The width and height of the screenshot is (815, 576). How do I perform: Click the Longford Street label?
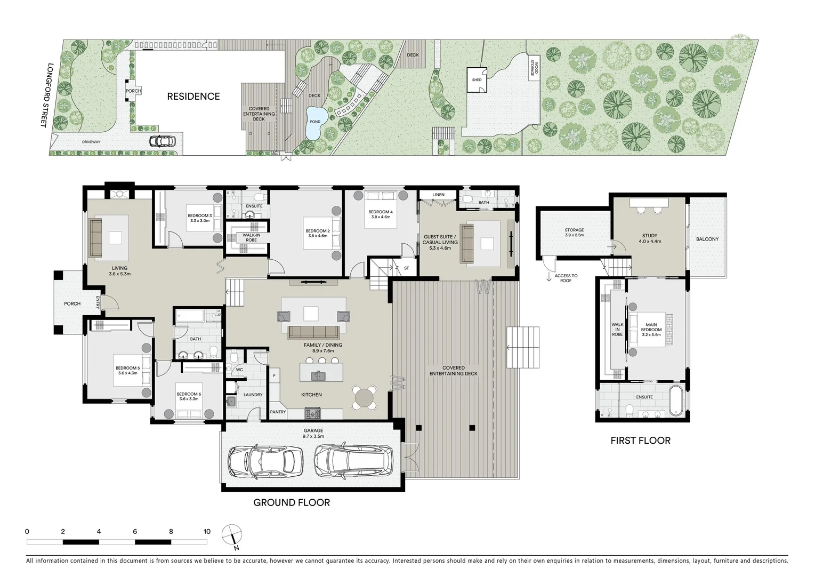click(x=47, y=95)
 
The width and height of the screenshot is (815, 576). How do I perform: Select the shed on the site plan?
click(x=477, y=80)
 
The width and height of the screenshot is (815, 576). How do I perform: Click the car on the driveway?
click(x=162, y=141)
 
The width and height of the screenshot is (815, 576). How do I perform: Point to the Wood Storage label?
click(x=534, y=67)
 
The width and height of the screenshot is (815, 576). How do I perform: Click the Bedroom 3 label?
click(x=200, y=218)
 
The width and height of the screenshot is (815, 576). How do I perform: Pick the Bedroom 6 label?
click(x=189, y=396)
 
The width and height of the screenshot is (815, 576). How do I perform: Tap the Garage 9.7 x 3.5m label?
click(x=313, y=433)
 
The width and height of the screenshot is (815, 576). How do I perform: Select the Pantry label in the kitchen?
click(x=278, y=412)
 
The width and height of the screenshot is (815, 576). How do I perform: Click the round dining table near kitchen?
click(x=364, y=398)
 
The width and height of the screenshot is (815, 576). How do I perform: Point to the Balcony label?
click(x=707, y=239)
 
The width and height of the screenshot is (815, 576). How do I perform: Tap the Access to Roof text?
click(x=566, y=278)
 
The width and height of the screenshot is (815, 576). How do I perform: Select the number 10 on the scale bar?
click(x=207, y=532)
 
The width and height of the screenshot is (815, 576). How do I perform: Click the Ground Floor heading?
click(x=292, y=502)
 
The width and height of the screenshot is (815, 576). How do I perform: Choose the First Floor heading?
click(x=640, y=441)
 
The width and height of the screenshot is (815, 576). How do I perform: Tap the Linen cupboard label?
click(x=439, y=195)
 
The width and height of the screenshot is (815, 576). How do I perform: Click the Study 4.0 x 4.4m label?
click(x=650, y=238)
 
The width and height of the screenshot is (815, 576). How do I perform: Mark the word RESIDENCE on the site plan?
click(x=193, y=97)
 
